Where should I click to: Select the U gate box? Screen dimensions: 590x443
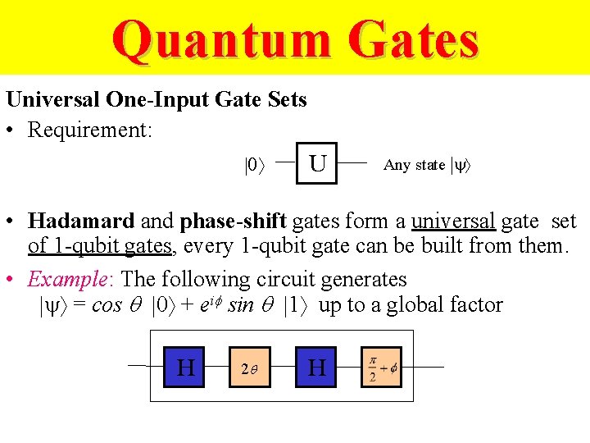tap(317, 163)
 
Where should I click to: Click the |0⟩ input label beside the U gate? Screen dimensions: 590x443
tap(256, 165)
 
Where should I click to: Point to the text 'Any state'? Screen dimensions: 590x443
tap(414, 165)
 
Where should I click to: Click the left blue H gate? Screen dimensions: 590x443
tap(186, 367)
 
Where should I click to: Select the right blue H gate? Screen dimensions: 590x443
tap(317, 367)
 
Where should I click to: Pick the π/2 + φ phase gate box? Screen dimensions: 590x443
tap(382, 367)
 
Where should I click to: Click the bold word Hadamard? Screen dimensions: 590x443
tap(81, 221)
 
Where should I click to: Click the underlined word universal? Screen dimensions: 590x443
tap(453, 221)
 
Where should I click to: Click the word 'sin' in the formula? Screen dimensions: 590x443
tap(241, 305)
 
